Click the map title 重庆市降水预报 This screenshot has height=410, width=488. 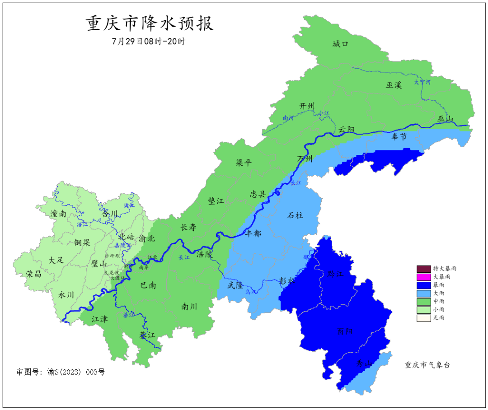150,23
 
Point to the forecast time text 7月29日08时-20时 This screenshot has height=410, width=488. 149,41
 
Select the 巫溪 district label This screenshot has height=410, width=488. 394,85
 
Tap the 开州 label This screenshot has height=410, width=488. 307,106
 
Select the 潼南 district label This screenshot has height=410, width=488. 59,214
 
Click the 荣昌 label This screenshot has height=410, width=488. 34,274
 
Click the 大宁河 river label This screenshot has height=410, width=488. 422,82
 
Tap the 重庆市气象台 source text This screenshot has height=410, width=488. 427,365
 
